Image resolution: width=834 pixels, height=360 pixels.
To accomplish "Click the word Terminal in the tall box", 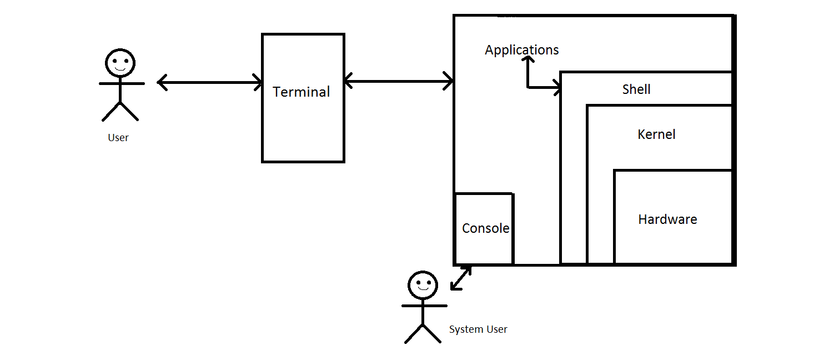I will point(302,92).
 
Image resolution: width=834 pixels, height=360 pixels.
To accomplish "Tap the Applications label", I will point(521,50).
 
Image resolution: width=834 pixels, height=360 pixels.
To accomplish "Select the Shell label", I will point(636,89).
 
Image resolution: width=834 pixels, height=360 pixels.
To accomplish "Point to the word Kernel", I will point(656,134).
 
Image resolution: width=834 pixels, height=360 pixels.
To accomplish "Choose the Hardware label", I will point(667,219).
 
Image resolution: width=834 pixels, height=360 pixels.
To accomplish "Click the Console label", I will point(485,228).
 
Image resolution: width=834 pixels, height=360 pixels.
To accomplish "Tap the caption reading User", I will point(118,138).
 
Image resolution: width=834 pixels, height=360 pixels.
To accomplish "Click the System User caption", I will point(478,329).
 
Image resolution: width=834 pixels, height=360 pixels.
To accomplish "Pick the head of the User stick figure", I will point(120,62).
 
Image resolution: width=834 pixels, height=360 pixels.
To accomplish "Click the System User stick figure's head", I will point(423,286).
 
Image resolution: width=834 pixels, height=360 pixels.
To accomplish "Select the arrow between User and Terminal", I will point(210,83).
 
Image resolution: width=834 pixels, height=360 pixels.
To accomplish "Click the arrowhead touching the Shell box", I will point(556,87).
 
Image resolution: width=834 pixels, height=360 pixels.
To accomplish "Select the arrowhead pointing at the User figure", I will point(162,83).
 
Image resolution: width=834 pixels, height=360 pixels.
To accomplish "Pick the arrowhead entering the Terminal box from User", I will point(258,83).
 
